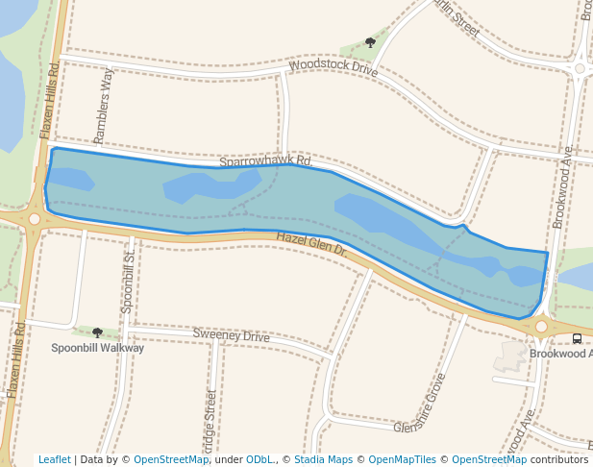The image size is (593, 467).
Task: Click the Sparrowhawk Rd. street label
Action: click(x=265, y=162)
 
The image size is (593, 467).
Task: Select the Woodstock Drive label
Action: click(x=334, y=68)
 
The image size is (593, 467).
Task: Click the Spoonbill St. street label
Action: click(x=129, y=281)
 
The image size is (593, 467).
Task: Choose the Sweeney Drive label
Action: click(x=231, y=335)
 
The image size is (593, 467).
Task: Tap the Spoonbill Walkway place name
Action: click(x=97, y=348)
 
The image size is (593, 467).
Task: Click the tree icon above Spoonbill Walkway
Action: click(x=97, y=332)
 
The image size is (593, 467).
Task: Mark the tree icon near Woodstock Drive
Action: click(x=371, y=42)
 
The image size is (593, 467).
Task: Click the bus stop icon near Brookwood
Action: click(x=577, y=338)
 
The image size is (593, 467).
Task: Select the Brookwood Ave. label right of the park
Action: click(x=563, y=186)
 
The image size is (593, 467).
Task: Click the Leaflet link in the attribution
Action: click(x=54, y=459)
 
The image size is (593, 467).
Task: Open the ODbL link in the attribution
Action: click(x=258, y=459)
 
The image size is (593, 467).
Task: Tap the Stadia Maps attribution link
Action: click(x=323, y=459)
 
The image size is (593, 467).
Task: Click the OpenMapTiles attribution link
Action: click(x=403, y=459)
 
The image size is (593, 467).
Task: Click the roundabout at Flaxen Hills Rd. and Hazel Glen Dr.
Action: click(x=35, y=219)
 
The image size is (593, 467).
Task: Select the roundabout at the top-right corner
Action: click(x=580, y=67)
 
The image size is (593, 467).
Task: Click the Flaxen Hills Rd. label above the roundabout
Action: click(x=49, y=100)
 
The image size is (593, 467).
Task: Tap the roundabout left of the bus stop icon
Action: click(x=541, y=327)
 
